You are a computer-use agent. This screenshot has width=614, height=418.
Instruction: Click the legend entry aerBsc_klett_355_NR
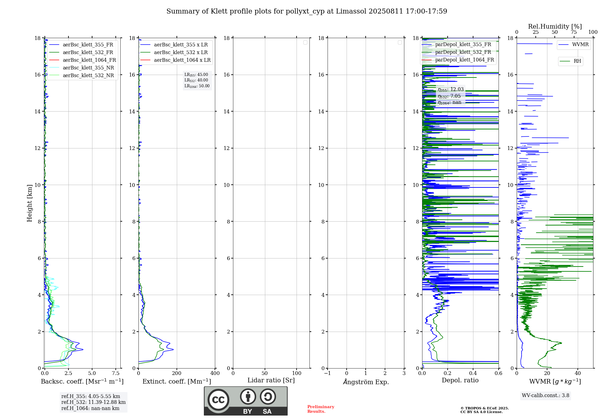pyautogui.click(x=88, y=68)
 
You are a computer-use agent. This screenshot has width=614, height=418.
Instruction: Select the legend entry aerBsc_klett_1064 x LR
pyautogui.click(x=182, y=60)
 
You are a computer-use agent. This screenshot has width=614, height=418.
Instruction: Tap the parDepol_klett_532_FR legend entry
pyautogui.click(x=463, y=52)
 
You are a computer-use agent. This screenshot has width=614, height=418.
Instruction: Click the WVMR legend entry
pyautogui.click(x=580, y=45)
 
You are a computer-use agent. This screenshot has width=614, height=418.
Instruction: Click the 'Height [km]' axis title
pyautogui.click(x=29, y=203)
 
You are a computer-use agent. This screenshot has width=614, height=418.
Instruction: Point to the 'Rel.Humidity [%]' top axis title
pyautogui.click(x=555, y=26)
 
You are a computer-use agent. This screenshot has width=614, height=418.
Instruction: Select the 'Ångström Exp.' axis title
pyautogui.click(x=366, y=382)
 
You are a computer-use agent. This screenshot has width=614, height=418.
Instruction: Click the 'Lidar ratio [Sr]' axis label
pyautogui.click(x=271, y=381)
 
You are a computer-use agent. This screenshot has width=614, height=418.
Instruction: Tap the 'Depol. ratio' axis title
pyautogui.click(x=460, y=381)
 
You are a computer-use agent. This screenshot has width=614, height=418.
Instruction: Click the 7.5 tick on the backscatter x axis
pyautogui.click(x=116, y=373)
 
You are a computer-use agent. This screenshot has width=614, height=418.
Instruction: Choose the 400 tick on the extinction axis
pyautogui.click(x=215, y=373)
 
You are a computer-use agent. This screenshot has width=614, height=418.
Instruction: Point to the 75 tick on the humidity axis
pyautogui.click(x=573, y=32)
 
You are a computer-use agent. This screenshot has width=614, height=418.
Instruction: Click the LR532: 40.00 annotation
pyautogui.click(x=196, y=80)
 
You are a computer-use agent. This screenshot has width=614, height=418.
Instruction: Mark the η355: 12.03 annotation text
pyautogui.click(x=450, y=89)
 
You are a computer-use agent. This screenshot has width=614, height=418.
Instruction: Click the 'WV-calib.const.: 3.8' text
pyautogui.click(x=545, y=396)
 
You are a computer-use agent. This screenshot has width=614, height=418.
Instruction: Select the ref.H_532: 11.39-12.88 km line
pyautogui.click(x=93, y=402)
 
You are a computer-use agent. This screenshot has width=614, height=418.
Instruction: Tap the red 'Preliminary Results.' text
pyautogui.click(x=321, y=409)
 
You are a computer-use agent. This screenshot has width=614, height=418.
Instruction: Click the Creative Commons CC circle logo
pyautogui.click(x=218, y=400)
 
